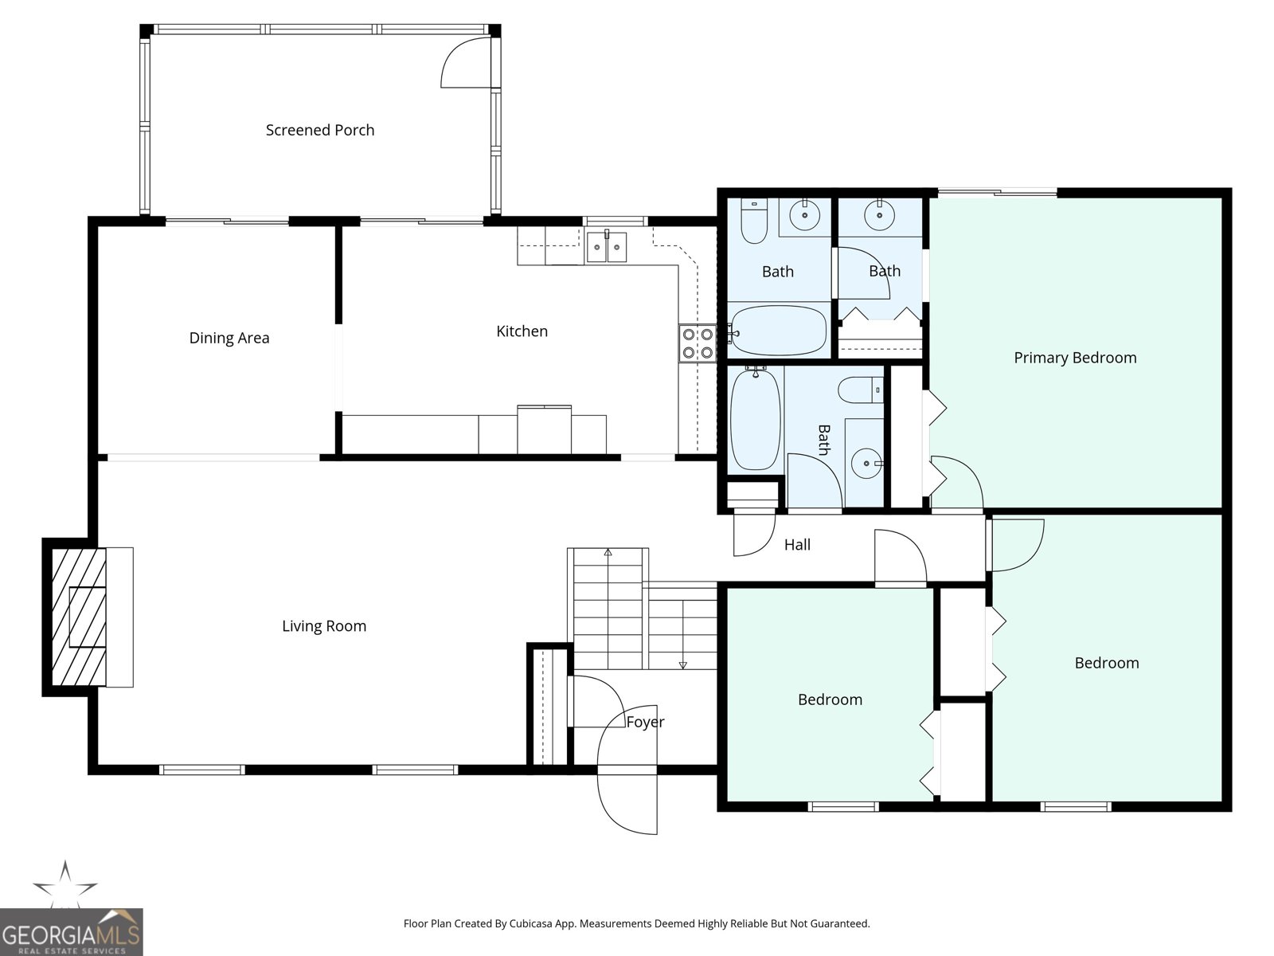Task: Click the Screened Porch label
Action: click(x=320, y=130)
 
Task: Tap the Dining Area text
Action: click(x=229, y=338)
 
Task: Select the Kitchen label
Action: click(x=522, y=331)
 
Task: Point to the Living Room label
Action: click(x=324, y=625)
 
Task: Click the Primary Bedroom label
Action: click(x=1075, y=358)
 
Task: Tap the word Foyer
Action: click(x=645, y=722)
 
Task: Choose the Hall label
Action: click(x=797, y=544)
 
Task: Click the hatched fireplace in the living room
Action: click(x=79, y=617)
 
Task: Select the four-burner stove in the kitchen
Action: click(x=698, y=343)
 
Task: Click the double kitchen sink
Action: click(x=607, y=247)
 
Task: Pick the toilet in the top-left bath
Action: click(x=754, y=221)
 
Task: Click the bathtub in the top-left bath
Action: click(x=778, y=331)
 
